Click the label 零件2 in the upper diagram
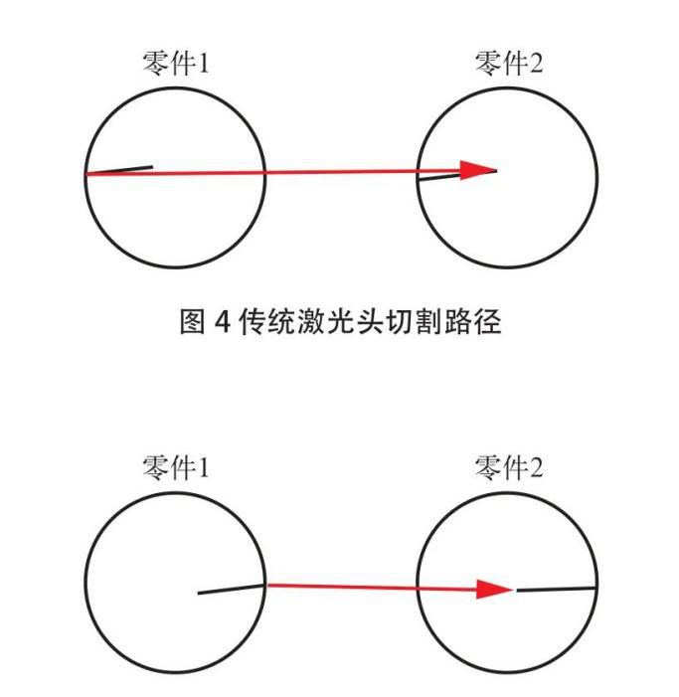pyautogui.click(x=509, y=65)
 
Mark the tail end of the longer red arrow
pyautogui.click(x=87, y=174)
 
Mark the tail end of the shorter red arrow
pyautogui.click(x=268, y=585)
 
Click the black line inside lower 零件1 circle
pyautogui.click(x=232, y=590)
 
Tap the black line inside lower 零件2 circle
pyautogui.click(x=557, y=590)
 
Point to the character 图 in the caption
pyautogui.click(x=192, y=324)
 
